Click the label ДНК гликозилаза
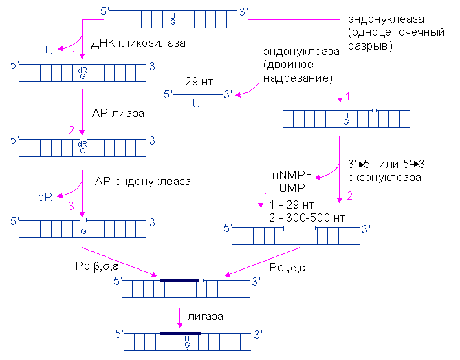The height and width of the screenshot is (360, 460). tap(139, 43)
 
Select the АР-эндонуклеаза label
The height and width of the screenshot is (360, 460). tap(142, 182)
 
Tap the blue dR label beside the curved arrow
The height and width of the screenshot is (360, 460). tap(45, 197)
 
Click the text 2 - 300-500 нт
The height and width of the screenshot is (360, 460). tap(307, 218)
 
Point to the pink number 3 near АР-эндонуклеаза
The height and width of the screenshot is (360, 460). tap(69, 205)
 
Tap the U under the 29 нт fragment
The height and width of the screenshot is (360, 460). tap(196, 104)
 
